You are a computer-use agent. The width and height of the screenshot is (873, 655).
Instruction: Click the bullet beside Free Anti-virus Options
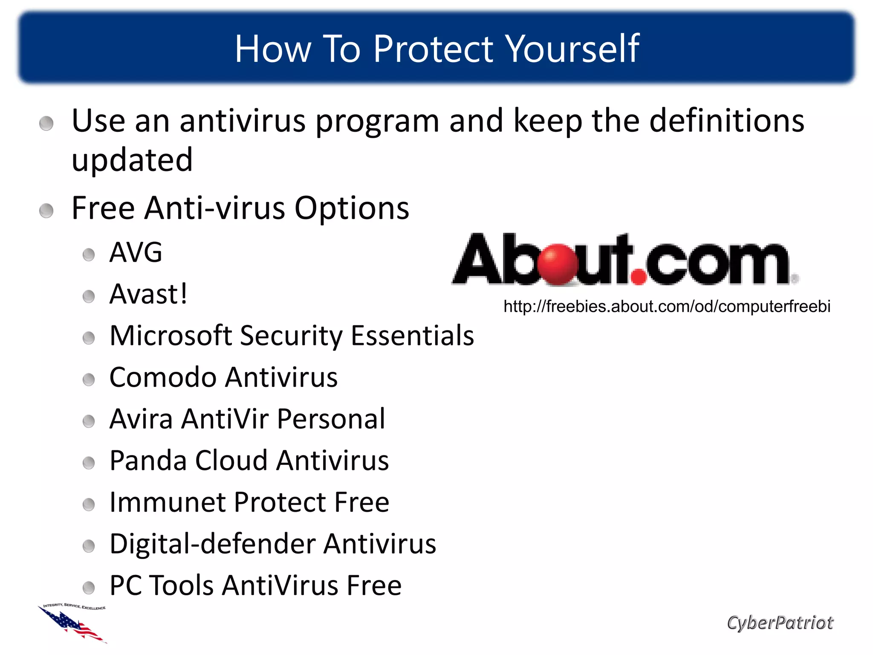click(46, 211)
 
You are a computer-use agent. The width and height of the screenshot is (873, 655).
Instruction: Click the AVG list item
click(136, 252)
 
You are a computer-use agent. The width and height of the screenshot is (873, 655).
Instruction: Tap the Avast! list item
click(148, 294)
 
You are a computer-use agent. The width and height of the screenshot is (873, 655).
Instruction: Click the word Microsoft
click(171, 335)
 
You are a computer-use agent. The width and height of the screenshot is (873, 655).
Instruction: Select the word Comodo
click(163, 377)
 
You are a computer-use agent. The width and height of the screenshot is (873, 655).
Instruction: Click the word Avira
click(141, 419)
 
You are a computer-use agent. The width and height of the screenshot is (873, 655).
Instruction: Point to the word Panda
click(147, 461)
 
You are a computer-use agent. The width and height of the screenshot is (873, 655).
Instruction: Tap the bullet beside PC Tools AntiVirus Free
click(89, 588)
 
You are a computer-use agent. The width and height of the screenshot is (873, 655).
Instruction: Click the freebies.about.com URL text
click(667, 307)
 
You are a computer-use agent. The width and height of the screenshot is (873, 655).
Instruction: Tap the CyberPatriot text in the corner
click(780, 623)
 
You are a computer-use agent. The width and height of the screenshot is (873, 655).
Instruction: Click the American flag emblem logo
click(73, 623)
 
